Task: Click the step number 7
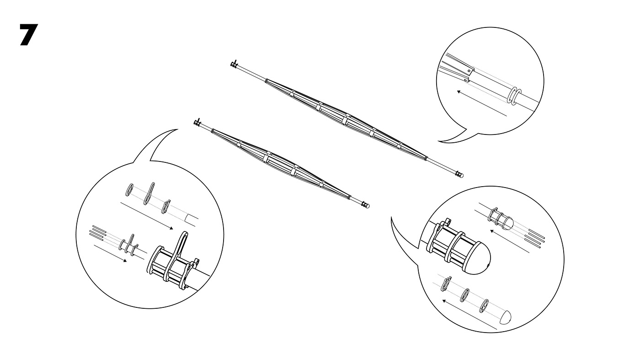[28, 35]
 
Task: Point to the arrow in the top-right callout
[482, 103]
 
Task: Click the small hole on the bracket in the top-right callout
[469, 71]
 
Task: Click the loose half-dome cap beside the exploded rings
[505, 317]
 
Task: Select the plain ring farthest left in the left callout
[129, 190]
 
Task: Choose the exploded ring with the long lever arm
[149, 193]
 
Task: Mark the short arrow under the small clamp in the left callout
[110, 253]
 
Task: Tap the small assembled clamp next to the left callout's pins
[128, 245]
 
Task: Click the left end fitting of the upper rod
[234, 64]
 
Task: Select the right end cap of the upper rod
[459, 174]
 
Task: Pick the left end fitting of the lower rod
[197, 123]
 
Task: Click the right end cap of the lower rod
[365, 205]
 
